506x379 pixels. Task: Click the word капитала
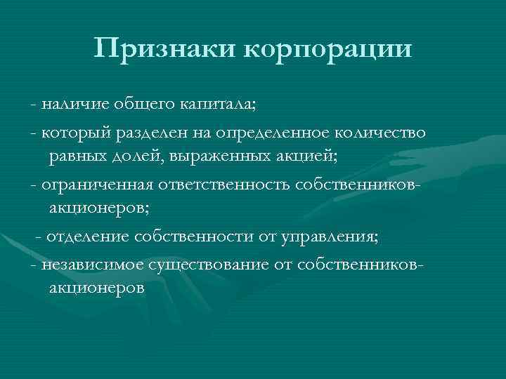[x=219, y=105]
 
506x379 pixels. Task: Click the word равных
[x=79, y=155]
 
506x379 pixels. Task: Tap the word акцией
[x=306, y=156]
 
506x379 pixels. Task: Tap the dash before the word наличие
[x=34, y=105]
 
